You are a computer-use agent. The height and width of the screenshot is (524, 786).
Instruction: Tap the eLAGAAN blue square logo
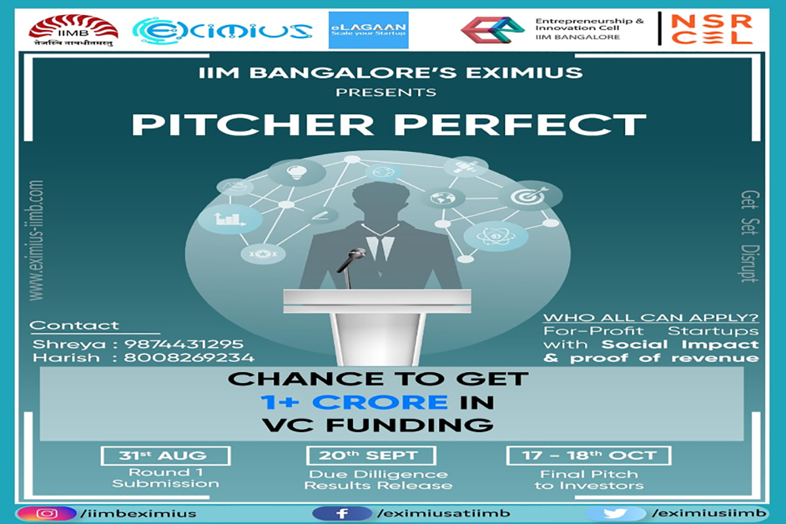pos(368,29)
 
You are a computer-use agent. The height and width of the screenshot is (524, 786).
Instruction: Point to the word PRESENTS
pos(386,92)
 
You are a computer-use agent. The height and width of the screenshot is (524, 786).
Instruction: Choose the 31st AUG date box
pos(165,455)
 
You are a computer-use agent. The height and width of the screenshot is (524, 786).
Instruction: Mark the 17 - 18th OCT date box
pos(589,455)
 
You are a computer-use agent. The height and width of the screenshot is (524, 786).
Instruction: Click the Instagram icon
pos(47,514)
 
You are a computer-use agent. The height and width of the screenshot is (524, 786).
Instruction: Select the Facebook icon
pos(341,514)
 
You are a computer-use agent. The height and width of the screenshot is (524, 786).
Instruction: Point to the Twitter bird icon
pos(616,514)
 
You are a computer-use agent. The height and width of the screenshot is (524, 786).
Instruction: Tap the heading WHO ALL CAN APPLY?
pos(651,318)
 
